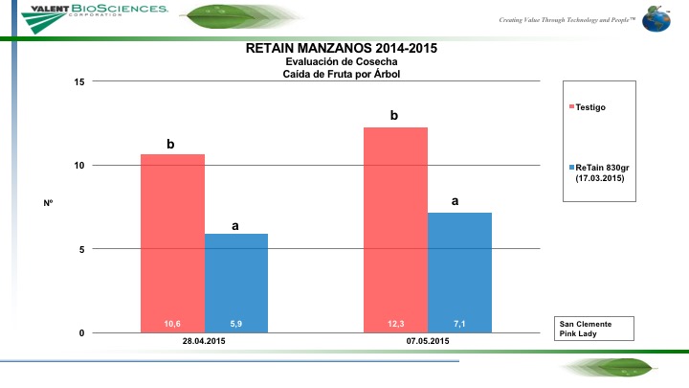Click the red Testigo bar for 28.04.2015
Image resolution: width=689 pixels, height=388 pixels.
tap(172, 240)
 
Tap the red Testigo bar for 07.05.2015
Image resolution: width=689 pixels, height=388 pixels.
tap(395, 230)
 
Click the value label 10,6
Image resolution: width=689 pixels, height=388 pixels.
tap(172, 324)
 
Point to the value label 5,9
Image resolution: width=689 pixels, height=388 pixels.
tap(236, 324)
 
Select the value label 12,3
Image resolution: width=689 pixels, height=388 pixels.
tap(395, 324)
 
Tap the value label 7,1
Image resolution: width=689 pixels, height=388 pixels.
tap(459, 324)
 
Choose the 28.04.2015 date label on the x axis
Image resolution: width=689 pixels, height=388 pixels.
tap(204, 342)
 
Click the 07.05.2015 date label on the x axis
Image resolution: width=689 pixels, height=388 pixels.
tap(428, 342)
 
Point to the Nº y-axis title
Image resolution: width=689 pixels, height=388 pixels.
tap(48, 203)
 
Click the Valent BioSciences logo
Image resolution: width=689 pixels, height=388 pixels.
tap(86, 12)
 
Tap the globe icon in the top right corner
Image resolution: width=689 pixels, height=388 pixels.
tap(657, 19)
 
